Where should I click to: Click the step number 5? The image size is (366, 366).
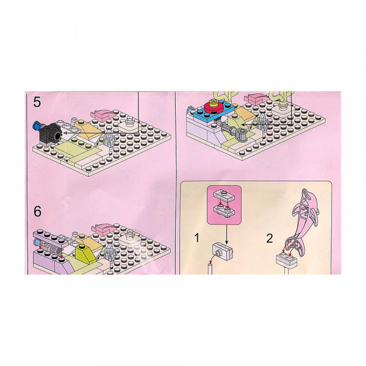[37, 102]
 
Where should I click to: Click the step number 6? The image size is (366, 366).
[37, 212]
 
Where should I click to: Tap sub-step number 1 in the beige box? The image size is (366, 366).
[197, 238]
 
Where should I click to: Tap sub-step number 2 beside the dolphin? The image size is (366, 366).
[270, 239]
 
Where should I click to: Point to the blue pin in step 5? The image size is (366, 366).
[37, 126]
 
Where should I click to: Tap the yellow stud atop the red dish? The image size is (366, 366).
[213, 102]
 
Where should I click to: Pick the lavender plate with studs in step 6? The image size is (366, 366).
[50, 237]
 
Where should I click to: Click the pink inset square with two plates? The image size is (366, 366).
[224, 205]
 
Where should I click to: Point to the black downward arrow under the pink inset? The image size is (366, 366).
[226, 234]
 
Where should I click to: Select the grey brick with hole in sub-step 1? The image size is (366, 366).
[223, 252]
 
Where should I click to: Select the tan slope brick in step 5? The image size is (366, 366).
[87, 129]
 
